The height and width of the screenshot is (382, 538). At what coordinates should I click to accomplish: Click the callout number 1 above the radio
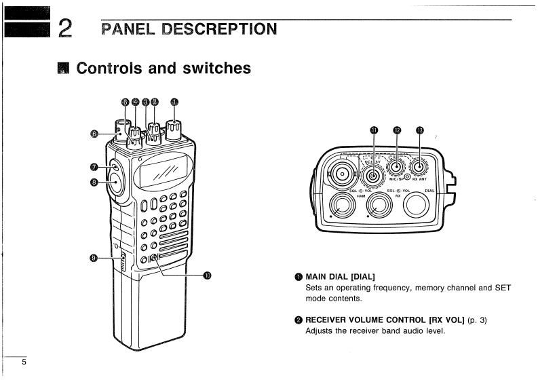(174, 102)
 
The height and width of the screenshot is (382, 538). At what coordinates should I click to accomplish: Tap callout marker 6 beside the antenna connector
(95, 134)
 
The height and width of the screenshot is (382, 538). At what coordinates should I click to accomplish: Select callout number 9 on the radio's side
(95, 258)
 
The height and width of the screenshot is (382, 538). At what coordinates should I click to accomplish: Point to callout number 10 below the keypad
(208, 275)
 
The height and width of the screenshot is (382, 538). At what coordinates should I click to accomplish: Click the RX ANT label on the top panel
(424, 179)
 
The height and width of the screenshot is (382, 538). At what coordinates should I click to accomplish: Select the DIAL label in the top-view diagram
(429, 191)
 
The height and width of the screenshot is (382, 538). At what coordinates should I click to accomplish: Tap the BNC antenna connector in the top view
(339, 174)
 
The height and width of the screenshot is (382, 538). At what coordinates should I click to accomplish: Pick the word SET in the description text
(503, 288)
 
